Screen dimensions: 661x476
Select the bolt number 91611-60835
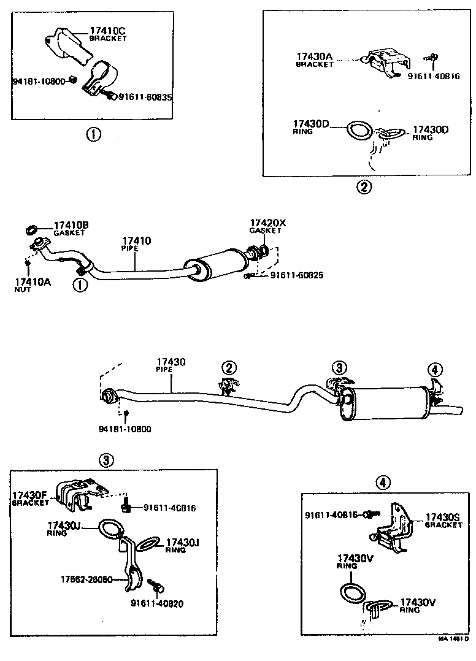[x=146, y=97]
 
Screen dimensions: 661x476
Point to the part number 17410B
[x=71, y=226]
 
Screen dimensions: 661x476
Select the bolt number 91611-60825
[x=296, y=276]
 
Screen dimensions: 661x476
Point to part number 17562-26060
[x=86, y=579]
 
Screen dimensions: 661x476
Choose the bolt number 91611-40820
[x=156, y=603]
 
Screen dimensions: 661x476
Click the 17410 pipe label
[x=136, y=242]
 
